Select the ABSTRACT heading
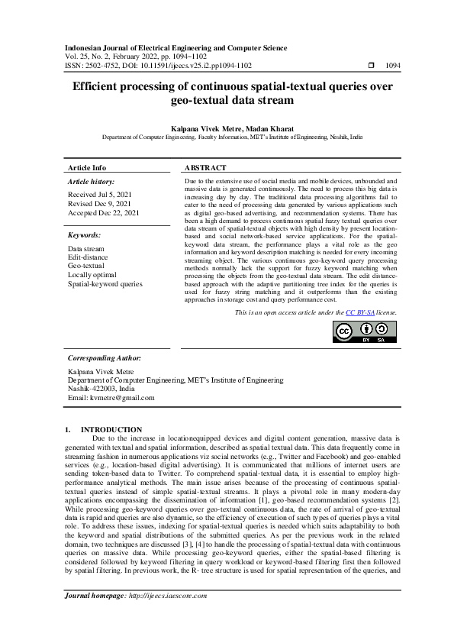click(x=205, y=167)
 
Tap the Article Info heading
click(x=87, y=167)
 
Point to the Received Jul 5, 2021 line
click(x=99, y=195)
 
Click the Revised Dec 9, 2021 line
click(x=99, y=204)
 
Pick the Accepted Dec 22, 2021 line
click(x=103, y=213)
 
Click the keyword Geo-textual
click(x=86, y=267)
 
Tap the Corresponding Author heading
click(x=104, y=357)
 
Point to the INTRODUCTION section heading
click(x=111, y=430)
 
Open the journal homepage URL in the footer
click(x=168, y=596)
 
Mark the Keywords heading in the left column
click(x=84, y=235)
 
